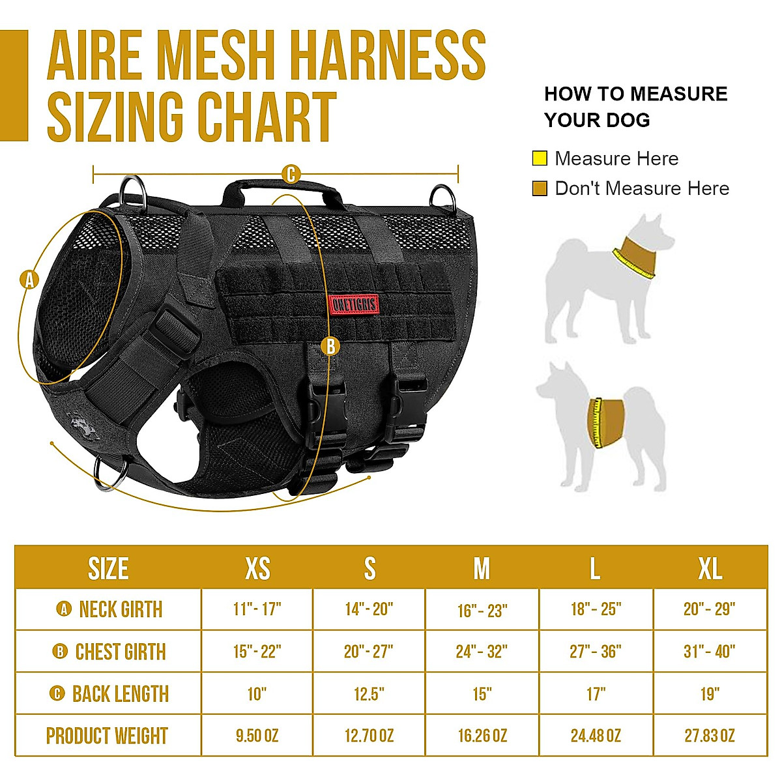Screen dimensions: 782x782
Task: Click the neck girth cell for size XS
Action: [x=257, y=609]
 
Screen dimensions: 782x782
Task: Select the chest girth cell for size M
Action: [x=482, y=651]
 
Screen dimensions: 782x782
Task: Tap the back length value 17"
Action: [x=596, y=694]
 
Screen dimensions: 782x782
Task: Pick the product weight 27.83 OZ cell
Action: [x=710, y=736]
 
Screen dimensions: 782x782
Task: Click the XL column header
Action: [x=710, y=568]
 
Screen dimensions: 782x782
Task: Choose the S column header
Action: [x=369, y=568]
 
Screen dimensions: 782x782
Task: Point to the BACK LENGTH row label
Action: [x=109, y=694]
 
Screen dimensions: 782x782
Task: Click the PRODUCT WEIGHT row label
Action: [x=108, y=736]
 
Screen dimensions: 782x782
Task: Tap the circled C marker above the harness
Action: [x=291, y=175]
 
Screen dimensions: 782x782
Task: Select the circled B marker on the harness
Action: [x=330, y=346]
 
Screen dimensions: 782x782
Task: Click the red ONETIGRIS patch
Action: [x=354, y=304]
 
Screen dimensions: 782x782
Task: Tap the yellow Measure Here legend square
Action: [x=540, y=158]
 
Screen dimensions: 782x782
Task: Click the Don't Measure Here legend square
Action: [x=540, y=189]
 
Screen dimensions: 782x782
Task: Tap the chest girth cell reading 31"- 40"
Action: [x=710, y=651]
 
